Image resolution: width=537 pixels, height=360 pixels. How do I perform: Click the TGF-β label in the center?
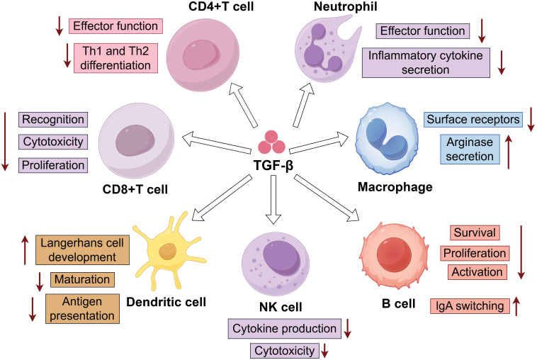tap(273, 165)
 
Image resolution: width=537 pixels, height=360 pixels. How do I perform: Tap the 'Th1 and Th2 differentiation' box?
tap(115, 58)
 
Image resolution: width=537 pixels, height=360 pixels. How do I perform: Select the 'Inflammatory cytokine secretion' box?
tap(426, 62)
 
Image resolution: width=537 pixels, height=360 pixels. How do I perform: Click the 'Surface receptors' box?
tap(473, 120)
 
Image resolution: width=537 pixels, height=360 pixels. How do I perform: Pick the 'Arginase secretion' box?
tap(470, 149)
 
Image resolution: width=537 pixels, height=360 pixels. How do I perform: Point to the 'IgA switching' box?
tap(470, 306)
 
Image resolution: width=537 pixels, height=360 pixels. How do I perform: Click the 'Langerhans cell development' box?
tap(82, 249)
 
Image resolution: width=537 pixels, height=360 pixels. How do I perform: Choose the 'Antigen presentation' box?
tap(82, 308)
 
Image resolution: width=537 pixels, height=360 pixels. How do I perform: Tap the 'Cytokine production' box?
tap(285, 329)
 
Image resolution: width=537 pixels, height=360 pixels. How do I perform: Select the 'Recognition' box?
tap(53, 120)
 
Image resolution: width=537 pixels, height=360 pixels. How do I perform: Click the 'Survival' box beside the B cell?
tap(475, 233)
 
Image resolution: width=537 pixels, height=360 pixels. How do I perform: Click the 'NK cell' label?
tap(281, 307)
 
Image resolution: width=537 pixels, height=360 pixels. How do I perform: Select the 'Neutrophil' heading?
tap(346, 6)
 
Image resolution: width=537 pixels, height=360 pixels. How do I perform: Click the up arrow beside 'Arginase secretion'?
tap(509, 152)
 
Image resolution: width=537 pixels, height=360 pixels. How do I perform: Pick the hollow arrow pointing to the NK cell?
tap(273, 199)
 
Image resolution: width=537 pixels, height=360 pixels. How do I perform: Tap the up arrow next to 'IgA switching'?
tap(516, 306)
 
